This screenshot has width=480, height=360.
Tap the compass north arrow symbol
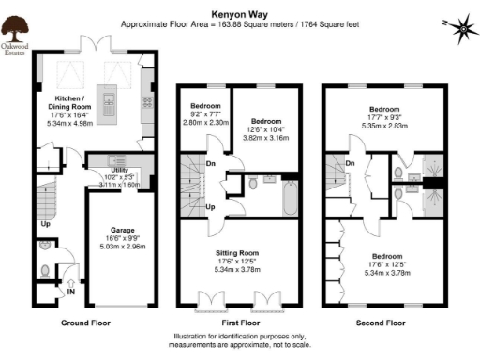461,30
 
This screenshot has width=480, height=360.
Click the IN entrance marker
71,292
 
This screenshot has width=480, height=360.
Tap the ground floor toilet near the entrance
46,270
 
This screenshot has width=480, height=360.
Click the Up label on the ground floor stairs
44,225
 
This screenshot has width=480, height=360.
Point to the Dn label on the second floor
349,164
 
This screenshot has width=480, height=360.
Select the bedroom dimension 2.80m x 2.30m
205,122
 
